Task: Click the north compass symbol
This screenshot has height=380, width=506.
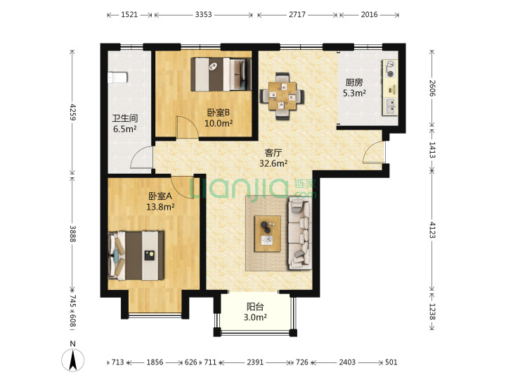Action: tap(73, 360)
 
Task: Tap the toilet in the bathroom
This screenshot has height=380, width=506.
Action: tap(117, 77)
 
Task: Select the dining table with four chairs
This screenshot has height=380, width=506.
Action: tap(282, 96)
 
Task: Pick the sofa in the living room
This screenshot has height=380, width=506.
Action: tap(300, 234)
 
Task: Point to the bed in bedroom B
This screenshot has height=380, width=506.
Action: tap(221, 75)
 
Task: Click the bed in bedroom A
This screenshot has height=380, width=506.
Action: tap(136, 255)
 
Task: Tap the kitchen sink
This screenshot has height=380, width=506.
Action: tap(390, 106)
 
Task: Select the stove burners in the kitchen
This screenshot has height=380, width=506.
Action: tap(390, 68)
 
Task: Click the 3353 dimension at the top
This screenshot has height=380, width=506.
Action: tap(203, 15)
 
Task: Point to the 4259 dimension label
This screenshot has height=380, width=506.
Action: tap(73, 112)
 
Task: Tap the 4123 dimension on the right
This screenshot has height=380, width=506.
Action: tap(432, 230)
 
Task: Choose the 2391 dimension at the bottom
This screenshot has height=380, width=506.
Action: tap(255, 362)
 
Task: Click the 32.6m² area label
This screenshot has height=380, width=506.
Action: tap(273, 163)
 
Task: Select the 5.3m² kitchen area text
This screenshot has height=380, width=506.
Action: tap(354, 94)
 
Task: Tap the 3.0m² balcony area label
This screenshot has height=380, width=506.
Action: tap(255, 317)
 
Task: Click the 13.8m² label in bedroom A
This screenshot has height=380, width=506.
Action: tap(160, 207)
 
